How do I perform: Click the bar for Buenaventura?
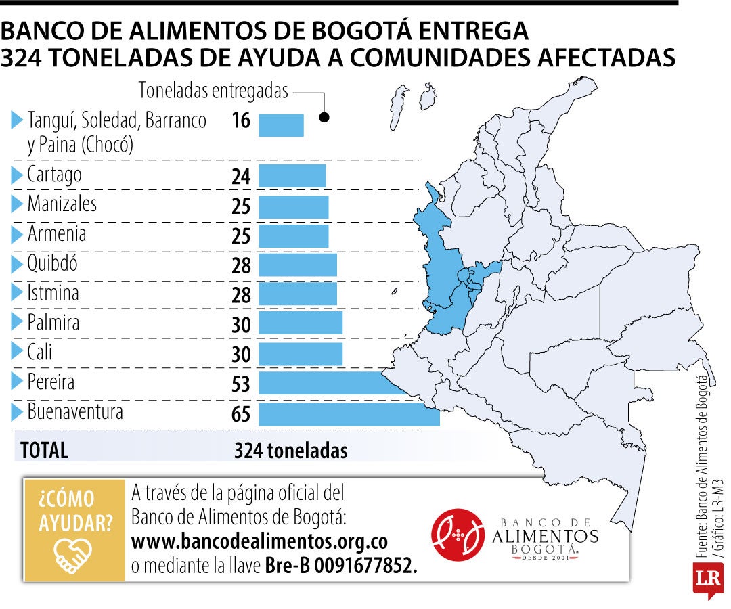coord(349,414)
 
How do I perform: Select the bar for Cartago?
coord(292,176)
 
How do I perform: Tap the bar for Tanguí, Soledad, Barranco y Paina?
coord(281,125)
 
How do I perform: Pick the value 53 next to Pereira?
coord(241,384)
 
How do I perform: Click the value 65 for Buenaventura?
coord(241,413)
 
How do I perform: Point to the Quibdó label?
coord(52,263)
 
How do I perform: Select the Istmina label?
coord(53,293)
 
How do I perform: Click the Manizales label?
coord(62,204)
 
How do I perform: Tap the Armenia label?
coord(57,233)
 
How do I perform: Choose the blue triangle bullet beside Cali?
coord(17,351)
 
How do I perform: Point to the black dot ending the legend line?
coord(324,118)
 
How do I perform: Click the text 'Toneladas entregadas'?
coord(213,91)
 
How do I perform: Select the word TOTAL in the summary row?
coord(44,451)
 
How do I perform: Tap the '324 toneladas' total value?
coord(291,451)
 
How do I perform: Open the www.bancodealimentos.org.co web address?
coord(259,541)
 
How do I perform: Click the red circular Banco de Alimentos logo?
coord(458,535)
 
